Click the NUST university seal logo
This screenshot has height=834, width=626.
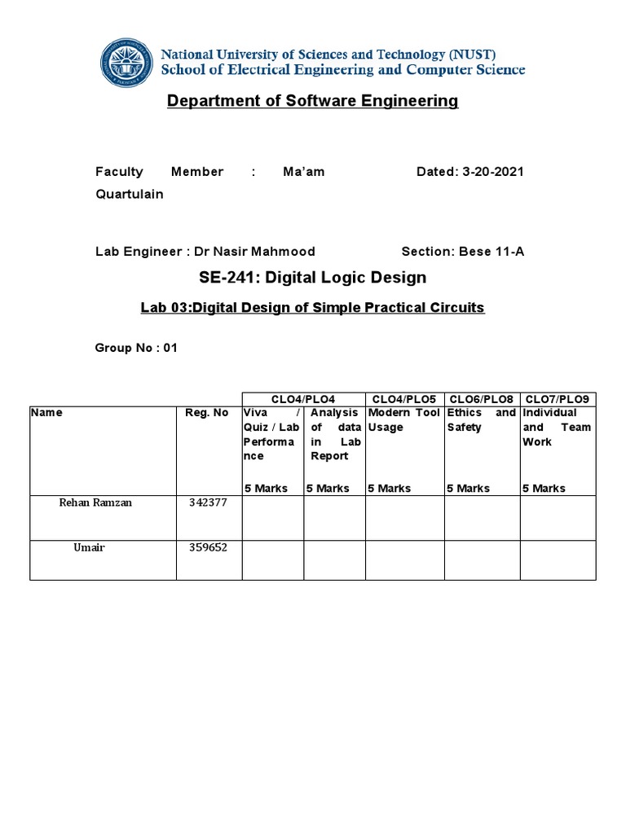coord(126,62)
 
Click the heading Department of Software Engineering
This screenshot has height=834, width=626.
coord(313,101)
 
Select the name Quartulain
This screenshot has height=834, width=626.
coord(129,194)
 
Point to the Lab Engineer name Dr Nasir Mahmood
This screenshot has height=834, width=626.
coord(253,252)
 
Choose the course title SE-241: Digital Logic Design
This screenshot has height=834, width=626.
coord(313,278)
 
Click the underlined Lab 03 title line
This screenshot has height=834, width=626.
coord(313,308)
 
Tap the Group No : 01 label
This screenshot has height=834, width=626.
coord(136,348)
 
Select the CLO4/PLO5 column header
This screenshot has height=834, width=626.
coord(404,399)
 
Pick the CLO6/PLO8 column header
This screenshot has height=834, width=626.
coord(482,399)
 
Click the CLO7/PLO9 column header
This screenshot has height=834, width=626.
coord(558,399)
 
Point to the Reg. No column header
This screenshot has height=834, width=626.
coord(207,413)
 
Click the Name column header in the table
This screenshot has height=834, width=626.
coord(46,413)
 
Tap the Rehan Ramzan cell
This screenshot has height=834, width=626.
coord(95,503)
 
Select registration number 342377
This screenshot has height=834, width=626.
coord(208,503)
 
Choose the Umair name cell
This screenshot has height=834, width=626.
coord(89,547)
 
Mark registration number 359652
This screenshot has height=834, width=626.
coord(208,547)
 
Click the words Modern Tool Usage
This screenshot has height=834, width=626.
coord(403,419)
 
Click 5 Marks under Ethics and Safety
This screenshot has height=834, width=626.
coord(469,489)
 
